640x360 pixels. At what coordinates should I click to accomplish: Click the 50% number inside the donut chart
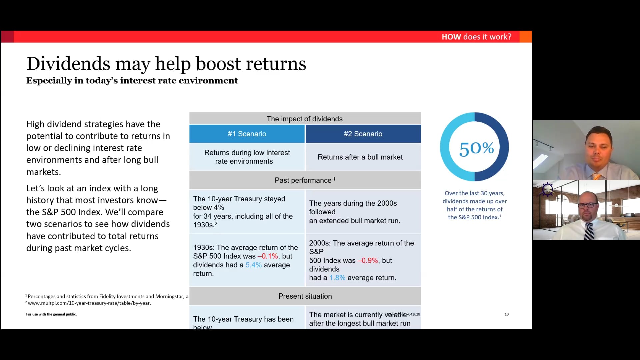[476, 148]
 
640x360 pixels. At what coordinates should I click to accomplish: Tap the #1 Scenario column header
[247, 134]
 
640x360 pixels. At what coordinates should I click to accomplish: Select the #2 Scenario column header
[363, 134]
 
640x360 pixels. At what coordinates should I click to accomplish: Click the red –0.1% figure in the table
[268, 256]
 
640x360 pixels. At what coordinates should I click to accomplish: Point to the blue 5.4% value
[254, 265]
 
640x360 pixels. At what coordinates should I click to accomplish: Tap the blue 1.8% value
[337, 278]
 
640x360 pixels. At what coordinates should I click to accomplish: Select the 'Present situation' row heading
[305, 296]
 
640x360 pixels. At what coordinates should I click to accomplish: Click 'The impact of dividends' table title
[305, 119]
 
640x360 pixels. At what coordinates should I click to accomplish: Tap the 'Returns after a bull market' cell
[360, 157]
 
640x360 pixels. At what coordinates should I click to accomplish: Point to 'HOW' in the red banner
[451, 37]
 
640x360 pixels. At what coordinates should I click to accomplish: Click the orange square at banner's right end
[526, 37]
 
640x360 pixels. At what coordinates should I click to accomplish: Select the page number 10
[507, 314]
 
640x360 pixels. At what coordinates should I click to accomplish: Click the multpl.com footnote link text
[89, 303]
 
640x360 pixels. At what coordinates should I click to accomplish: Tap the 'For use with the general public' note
[51, 314]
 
